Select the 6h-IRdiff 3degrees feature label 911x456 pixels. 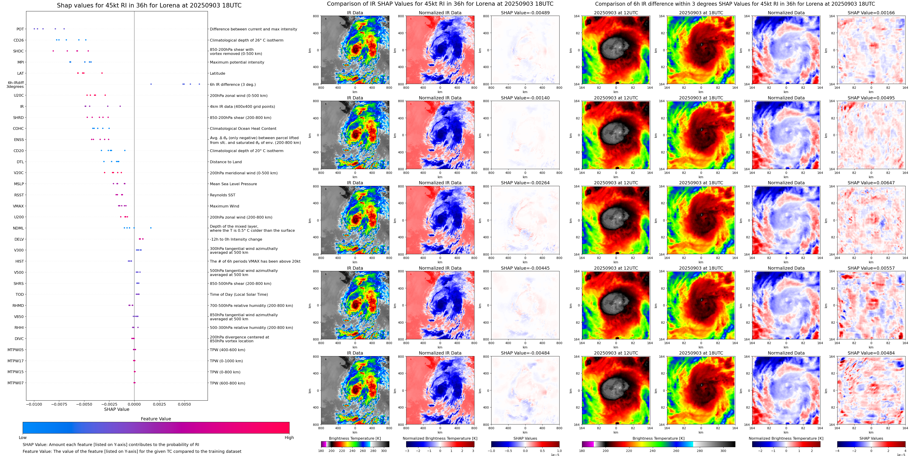pos(15,84)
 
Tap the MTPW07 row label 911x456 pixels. pos(16,383)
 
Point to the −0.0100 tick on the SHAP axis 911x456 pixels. pos(34,404)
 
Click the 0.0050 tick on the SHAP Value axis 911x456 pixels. pos(184,404)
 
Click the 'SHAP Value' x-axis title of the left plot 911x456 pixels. pos(116,409)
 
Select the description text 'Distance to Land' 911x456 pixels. pos(226,162)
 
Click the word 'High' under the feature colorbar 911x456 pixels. pos(289,438)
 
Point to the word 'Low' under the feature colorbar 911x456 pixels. pos(23,438)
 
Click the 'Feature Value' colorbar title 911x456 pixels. pos(156,419)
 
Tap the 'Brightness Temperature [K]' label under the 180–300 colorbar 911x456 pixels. pos(355,438)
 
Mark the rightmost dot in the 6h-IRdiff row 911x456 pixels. pos(199,84)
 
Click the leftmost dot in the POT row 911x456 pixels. pos(34,29)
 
